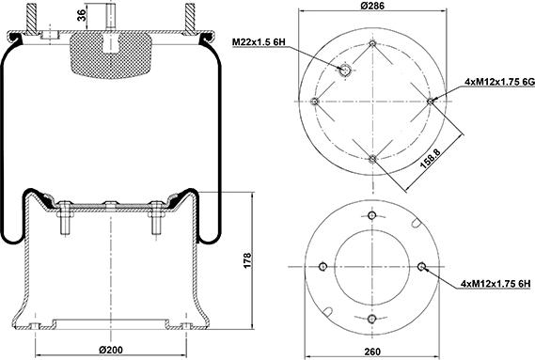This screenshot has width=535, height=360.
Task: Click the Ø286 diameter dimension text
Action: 372,6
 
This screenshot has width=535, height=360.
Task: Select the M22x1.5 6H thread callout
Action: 259,42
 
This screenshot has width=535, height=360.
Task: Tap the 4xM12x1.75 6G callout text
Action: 499,82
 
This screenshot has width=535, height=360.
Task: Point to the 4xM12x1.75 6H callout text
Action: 496,283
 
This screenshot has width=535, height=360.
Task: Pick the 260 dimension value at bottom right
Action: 372,352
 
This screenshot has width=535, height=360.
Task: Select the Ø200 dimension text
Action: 111,350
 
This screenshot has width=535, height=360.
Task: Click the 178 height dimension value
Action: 247,260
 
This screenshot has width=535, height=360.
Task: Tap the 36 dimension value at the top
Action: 81,15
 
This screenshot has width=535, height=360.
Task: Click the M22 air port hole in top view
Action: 345,70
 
